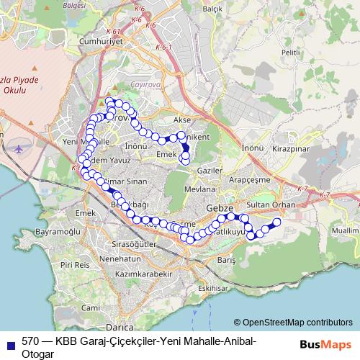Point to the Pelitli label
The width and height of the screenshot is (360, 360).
(290, 53)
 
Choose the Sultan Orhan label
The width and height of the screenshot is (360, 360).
(266, 205)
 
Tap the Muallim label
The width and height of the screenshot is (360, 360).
(346, 231)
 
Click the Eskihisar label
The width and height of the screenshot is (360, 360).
(213, 288)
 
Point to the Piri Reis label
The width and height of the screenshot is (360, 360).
(75, 265)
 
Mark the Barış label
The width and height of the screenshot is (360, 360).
(227, 259)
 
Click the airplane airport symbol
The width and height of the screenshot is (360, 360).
(19, 148)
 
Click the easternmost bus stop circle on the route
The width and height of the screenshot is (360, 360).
(276, 222)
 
